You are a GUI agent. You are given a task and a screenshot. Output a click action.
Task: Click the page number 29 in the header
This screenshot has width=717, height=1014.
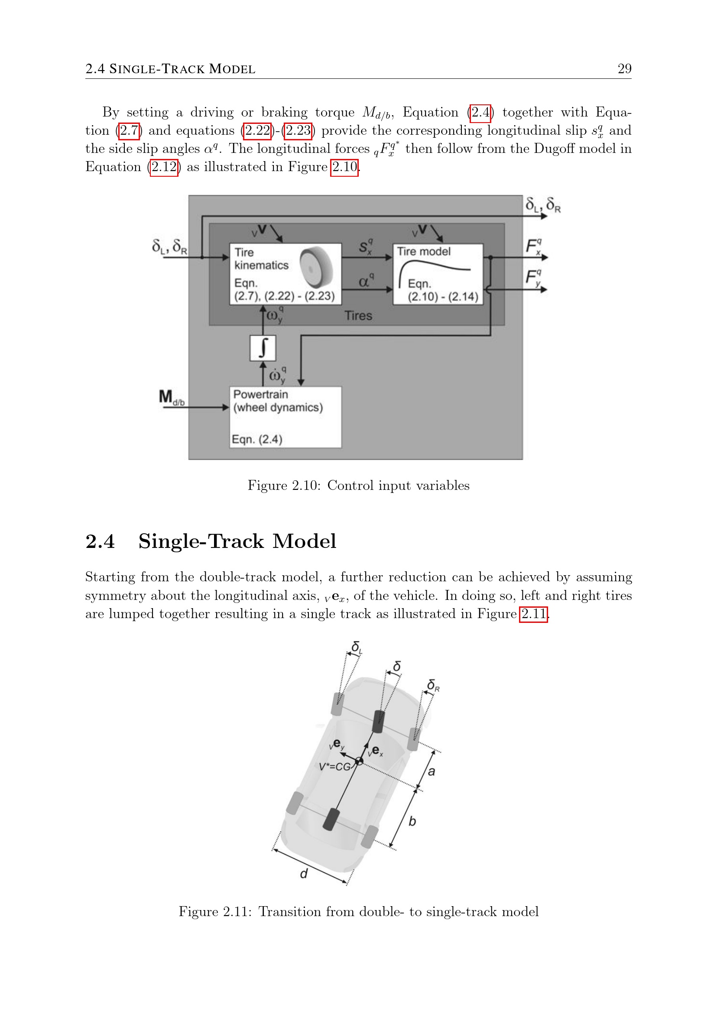tap(624, 69)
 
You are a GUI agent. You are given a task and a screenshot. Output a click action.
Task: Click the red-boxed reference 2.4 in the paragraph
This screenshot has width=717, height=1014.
tap(480, 113)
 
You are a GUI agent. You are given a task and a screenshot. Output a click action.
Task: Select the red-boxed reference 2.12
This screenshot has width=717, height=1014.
tap(164, 167)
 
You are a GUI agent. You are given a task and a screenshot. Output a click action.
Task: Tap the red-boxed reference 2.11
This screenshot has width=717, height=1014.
tap(533, 614)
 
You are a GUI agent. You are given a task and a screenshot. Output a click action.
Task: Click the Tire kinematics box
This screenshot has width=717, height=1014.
tap(285, 274)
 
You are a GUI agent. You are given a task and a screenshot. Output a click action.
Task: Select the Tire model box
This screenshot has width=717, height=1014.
tap(438, 274)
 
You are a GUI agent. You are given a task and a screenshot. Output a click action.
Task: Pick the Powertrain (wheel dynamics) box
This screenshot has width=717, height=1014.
tap(285, 417)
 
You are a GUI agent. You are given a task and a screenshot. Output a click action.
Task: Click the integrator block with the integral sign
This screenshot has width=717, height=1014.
tap(263, 348)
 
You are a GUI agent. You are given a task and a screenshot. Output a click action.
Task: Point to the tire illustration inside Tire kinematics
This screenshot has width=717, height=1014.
tap(316, 267)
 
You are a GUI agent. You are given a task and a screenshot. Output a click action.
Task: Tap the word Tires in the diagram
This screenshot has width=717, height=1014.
tap(358, 316)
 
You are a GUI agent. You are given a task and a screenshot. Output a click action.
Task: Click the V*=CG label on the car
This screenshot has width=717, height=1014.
tap(334, 767)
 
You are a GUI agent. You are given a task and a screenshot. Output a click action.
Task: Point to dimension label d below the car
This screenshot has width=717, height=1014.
tap(304, 873)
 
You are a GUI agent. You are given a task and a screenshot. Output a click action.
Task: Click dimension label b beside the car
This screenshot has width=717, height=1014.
tap(412, 821)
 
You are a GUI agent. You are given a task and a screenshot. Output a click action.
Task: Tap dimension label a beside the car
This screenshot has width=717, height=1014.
tap(431, 771)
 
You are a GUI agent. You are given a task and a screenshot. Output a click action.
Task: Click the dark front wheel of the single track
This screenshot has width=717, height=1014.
tap(379, 721)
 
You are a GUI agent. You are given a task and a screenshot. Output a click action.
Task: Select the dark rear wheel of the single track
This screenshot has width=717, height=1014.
tap(331, 819)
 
